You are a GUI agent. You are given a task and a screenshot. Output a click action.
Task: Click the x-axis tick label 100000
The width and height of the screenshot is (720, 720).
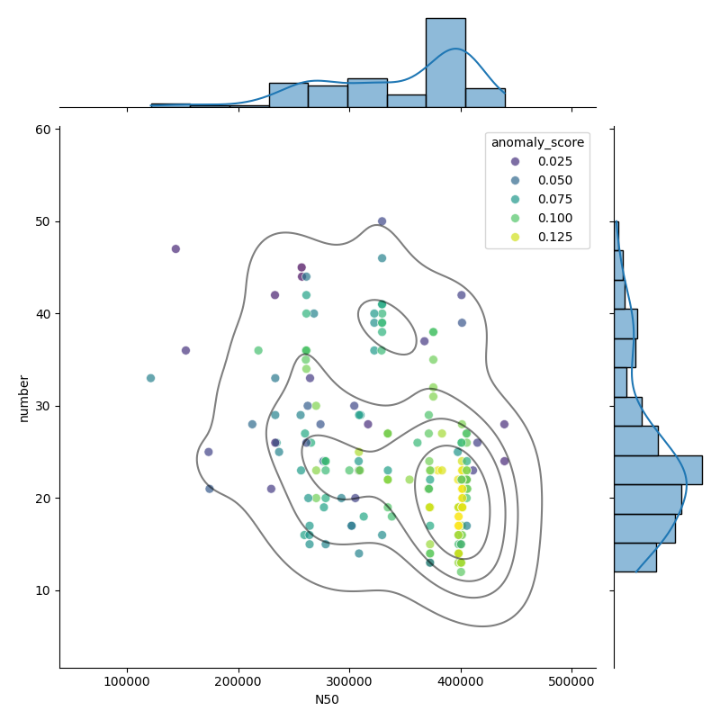127,681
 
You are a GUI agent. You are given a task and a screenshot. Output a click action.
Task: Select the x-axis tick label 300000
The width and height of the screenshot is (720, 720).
349,681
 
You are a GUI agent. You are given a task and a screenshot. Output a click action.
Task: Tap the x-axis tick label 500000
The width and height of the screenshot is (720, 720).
571,681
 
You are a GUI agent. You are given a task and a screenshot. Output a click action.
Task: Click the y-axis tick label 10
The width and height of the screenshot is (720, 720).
43,590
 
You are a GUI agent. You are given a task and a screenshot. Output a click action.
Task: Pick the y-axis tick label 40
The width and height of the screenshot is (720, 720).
43,314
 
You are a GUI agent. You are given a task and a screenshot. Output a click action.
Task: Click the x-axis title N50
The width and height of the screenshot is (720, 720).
327,700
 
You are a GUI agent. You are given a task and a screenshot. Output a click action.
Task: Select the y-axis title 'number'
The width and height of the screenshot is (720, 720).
24,399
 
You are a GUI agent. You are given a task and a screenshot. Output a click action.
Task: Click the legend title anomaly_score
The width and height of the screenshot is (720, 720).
537,143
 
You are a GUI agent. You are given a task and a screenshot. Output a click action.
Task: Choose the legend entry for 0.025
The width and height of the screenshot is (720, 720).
542,162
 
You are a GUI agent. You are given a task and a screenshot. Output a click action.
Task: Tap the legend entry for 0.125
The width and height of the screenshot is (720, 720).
542,237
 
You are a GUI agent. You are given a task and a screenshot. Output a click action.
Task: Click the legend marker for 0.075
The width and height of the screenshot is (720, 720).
515,199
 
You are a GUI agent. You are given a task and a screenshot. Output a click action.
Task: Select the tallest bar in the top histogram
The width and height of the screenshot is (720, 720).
445,63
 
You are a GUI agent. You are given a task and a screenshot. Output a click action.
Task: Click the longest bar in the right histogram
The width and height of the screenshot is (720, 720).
659,470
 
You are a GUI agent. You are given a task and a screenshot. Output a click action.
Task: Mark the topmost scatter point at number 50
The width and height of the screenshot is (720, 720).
382,221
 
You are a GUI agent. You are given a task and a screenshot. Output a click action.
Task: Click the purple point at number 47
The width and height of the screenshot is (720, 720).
175,249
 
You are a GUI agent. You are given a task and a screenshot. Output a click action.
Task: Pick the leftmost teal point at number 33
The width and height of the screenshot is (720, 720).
150,378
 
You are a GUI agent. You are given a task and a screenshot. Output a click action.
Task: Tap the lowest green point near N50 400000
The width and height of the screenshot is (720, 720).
461,572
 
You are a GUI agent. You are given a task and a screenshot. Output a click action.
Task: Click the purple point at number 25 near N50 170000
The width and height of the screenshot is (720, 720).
209,452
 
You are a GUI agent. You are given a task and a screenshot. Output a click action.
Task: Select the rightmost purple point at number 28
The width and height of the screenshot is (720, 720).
504,424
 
